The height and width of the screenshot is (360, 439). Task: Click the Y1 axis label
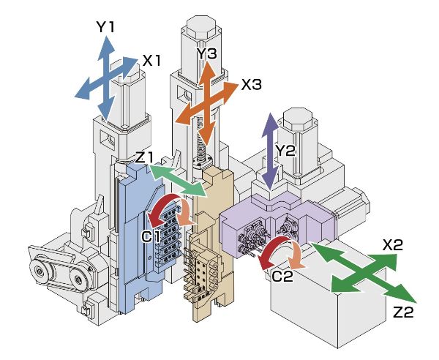coord(106,27)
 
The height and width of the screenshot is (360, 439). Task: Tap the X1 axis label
coord(151,61)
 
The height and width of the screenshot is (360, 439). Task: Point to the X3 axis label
coord(251,85)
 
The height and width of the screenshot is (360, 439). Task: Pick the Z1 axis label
coord(144,157)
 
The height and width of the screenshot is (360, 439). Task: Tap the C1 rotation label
coord(151,236)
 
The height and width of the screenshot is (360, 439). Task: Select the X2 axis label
coord(393,245)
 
